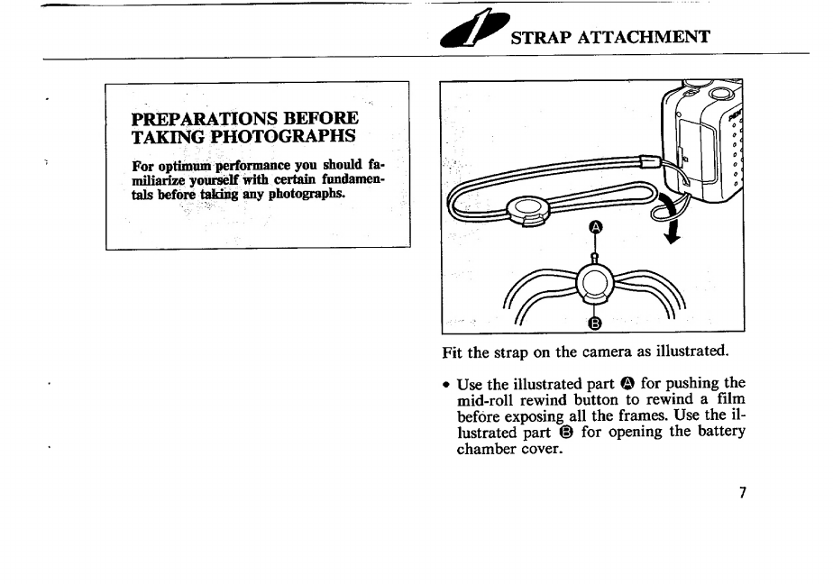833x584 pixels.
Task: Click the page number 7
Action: [743, 493]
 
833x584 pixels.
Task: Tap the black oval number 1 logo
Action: [474, 30]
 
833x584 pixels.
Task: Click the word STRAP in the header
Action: [541, 38]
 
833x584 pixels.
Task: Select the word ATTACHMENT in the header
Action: [644, 37]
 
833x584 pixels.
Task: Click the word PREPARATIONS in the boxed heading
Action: [205, 118]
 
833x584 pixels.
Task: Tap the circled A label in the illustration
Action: [596, 228]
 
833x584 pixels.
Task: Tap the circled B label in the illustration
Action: [596, 324]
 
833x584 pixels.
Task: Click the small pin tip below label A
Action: [595, 257]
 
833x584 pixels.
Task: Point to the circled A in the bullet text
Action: [627, 383]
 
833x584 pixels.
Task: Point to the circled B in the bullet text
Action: [566, 433]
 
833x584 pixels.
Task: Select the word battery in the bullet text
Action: [721, 432]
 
